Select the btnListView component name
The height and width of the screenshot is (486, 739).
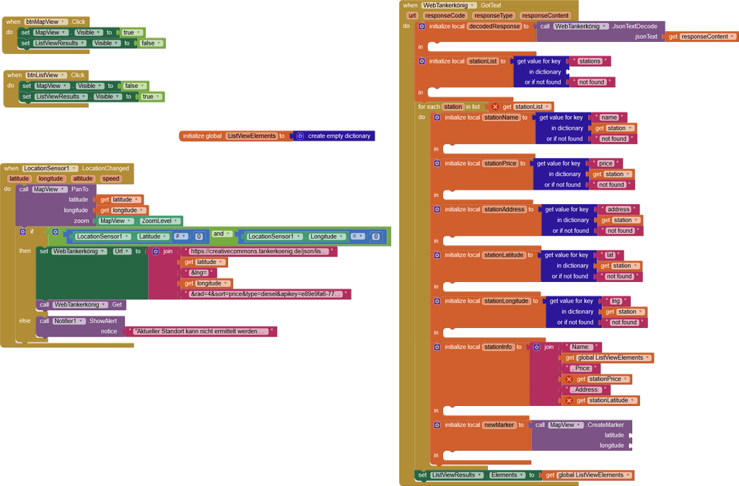45,75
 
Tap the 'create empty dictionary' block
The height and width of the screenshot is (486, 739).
338,136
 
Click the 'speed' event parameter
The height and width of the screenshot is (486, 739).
110,179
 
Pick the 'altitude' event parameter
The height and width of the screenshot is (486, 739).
83,179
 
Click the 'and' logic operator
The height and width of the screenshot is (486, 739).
222,234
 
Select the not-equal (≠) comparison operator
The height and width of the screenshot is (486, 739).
177,237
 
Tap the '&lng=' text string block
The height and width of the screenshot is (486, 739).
198,273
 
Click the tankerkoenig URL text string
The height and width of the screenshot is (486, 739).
258,252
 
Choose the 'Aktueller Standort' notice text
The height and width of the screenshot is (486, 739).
201,332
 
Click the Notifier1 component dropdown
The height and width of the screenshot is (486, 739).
69,321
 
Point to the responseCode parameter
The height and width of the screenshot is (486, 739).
445,15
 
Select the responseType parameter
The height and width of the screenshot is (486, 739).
494,15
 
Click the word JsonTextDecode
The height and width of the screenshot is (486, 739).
635,26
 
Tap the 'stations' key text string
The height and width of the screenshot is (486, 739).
590,61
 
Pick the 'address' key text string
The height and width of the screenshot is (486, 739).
618,209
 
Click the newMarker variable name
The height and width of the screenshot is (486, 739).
499,425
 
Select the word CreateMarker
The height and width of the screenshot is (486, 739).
605,425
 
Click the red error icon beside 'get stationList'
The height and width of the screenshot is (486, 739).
495,107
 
